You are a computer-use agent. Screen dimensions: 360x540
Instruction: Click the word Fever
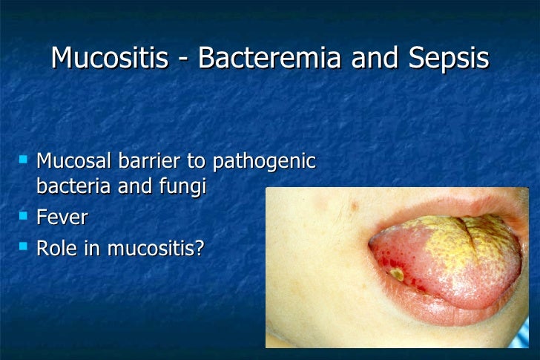tap(62, 217)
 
